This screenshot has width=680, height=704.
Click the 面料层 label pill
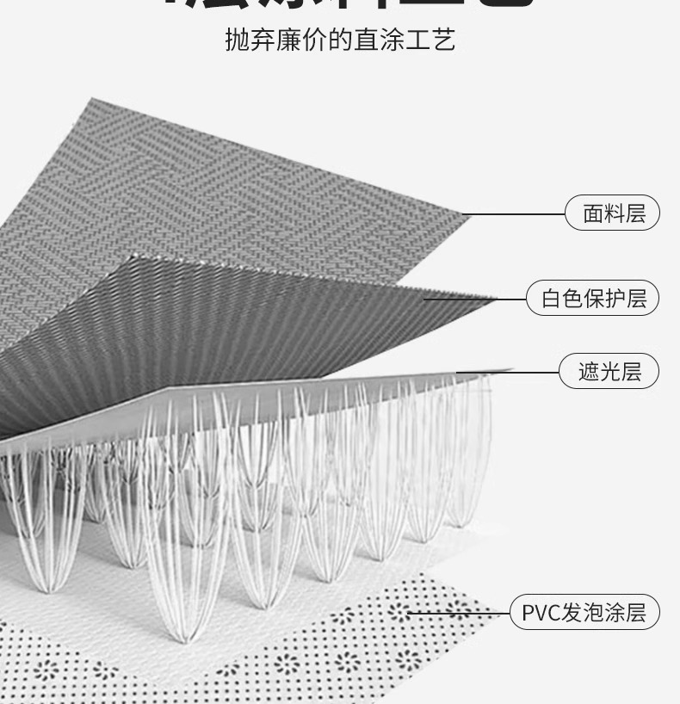612,213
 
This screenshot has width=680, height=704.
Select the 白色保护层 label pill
593,299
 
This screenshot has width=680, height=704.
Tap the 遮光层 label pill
609,372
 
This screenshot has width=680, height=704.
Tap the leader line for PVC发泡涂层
461,613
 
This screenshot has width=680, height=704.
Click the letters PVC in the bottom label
541,613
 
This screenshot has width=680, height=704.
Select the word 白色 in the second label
562,299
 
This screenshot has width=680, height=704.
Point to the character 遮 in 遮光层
588,372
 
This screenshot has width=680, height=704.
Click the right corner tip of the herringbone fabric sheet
470,215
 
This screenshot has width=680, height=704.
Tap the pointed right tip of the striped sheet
498,300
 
